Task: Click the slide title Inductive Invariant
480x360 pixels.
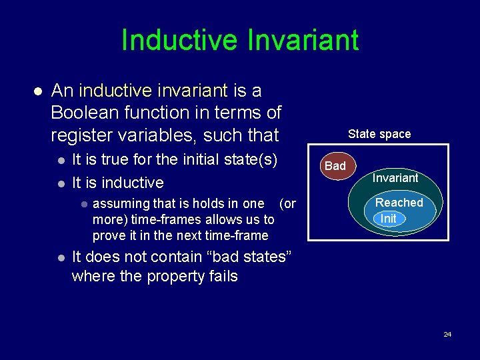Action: pos(240,41)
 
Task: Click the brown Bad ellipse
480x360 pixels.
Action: pos(335,166)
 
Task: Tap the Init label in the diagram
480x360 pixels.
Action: pos(388,219)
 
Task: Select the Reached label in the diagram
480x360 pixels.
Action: pos(399,203)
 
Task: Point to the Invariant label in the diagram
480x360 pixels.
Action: pos(395,178)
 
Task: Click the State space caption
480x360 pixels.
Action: pos(379,134)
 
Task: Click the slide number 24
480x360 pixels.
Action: pos(447,334)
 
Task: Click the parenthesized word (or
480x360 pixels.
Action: pos(287,203)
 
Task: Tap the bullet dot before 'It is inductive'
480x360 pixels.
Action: pos(61,183)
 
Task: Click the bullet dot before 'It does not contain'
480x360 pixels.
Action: pos(61,257)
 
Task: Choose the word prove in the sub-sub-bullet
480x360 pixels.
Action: pos(109,235)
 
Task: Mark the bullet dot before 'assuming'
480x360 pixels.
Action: pos(83,204)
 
